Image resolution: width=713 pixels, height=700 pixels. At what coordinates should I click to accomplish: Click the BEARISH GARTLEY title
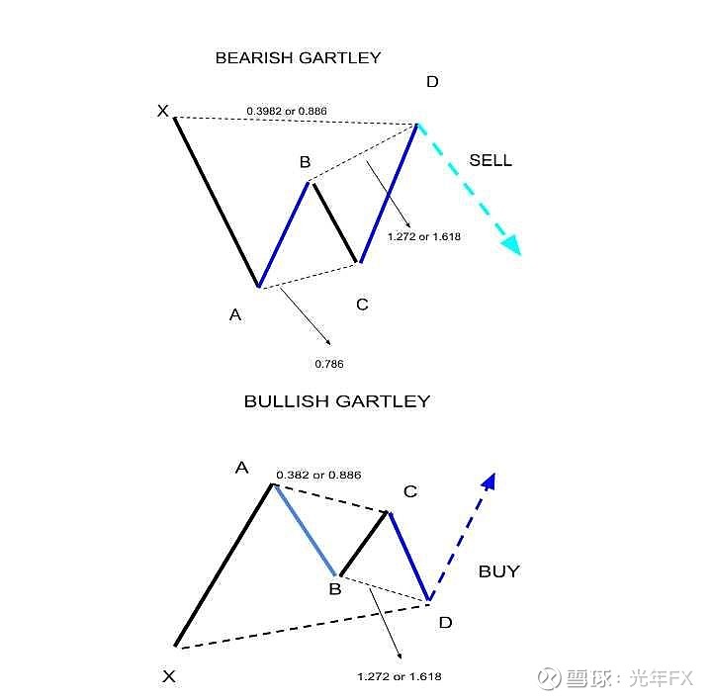click(x=298, y=57)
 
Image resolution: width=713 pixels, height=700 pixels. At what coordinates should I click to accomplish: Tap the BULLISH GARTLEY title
click(x=337, y=401)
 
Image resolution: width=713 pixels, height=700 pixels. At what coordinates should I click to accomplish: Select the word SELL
click(x=490, y=160)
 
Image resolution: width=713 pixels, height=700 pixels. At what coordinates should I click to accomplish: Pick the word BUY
click(x=498, y=571)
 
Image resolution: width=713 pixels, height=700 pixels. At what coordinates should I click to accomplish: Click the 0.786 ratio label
click(x=329, y=364)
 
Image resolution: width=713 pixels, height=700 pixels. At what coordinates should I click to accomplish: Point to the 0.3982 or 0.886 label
click(x=287, y=111)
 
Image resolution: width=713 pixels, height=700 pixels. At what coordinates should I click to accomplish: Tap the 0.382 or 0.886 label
click(x=318, y=475)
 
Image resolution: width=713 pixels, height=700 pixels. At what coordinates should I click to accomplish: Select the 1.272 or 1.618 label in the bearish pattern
click(x=424, y=237)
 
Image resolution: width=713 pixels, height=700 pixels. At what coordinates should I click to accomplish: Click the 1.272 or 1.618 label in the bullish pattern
click(x=400, y=677)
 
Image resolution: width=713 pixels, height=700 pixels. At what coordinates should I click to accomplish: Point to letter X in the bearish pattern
click(x=163, y=111)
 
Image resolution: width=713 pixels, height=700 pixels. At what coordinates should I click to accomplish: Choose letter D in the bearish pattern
click(x=432, y=82)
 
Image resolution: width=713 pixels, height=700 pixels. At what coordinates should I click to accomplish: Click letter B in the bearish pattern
click(x=306, y=162)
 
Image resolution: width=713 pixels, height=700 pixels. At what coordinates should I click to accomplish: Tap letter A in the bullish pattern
click(x=242, y=468)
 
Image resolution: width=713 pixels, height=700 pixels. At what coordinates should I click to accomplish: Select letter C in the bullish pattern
click(x=410, y=491)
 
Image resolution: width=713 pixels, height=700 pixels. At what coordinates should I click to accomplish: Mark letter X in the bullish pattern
click(x=169, y=676)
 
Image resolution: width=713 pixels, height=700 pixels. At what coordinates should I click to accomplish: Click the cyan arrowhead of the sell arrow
click(x=512, y=245)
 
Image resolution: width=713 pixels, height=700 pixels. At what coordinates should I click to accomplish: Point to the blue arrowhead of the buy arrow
click(x=490, y=481)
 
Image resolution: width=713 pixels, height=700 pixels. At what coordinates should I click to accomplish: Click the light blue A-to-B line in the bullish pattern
click(x=305, y=531)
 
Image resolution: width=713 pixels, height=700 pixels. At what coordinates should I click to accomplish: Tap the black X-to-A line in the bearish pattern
click(x=217, y=203)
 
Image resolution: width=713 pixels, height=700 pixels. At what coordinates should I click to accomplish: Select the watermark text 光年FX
click(x=662, y=678)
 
